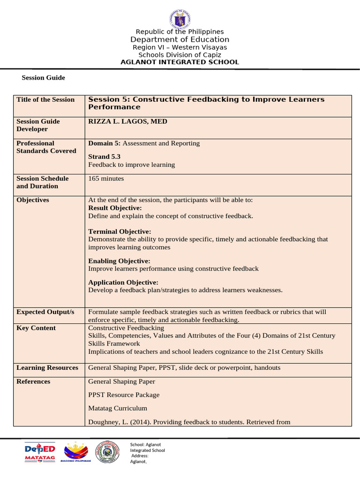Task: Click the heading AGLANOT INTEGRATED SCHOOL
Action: tap(180, 62)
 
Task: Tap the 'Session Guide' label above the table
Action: tap(43, 78)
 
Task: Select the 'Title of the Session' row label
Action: tap(45, 99)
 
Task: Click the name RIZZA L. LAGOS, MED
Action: tap(127, 121)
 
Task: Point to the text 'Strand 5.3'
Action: tap(105, 157)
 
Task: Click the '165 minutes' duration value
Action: tap(106, 179)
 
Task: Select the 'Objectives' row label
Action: tap(32, 200)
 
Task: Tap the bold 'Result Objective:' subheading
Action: tap(115, 208)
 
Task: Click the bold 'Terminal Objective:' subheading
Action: tap(120, 232)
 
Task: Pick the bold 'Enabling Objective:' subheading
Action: tap(119, 261)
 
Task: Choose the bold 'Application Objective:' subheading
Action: tap(123, 282)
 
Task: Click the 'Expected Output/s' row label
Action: tap(45, 312)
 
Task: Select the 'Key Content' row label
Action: tap(36, 328)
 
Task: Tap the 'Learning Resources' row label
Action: tap(47, 368)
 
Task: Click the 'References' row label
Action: tap(33, 382)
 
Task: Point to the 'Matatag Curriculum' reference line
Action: tap(118, 408)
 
